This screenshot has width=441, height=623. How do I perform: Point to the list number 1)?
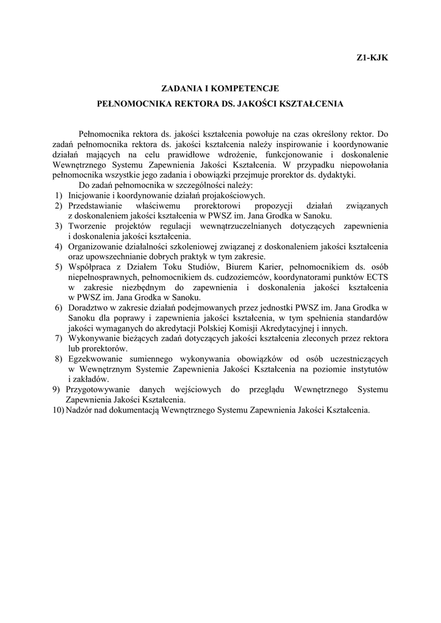pyautogui.click(x=58, y=195)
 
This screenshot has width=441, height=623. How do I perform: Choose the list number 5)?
pyautogui.click(x=58, y=267)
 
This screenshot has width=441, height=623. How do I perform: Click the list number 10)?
pyautogui.click(x=58, y=410)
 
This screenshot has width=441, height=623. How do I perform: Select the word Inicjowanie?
pyautogui.click(x=90, y=195)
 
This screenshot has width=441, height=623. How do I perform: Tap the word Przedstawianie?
pyautogui.click(x=97, y=206)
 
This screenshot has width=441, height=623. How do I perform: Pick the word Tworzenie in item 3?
pyautogui.click(x=88, y=226)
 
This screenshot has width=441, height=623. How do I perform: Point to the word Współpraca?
pyautogui.click(x=91, y=267)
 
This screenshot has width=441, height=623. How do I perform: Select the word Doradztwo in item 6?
pyautogui.click(x=88, y=308)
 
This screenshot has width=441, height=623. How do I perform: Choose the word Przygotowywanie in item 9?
pyautogui.click(x=98, y=389)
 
